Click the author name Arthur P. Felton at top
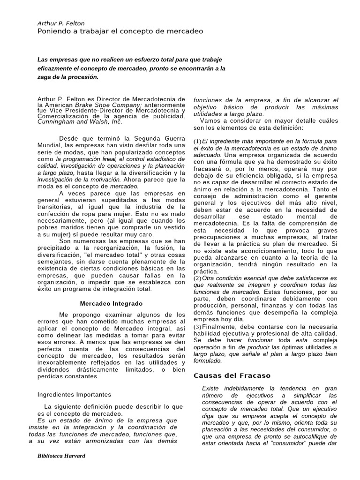(61, 23)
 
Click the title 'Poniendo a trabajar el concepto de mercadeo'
(120, 31)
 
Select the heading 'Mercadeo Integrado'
(111, 304)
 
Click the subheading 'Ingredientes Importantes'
(74, 394)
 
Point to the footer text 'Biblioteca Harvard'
(61, 456)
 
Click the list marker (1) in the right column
(197, 142)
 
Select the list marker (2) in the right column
(197, 278)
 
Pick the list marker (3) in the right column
(197, 327)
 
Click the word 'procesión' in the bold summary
(84, 77)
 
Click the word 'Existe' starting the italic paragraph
(211, 389)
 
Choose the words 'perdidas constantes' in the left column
(68, 376)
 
